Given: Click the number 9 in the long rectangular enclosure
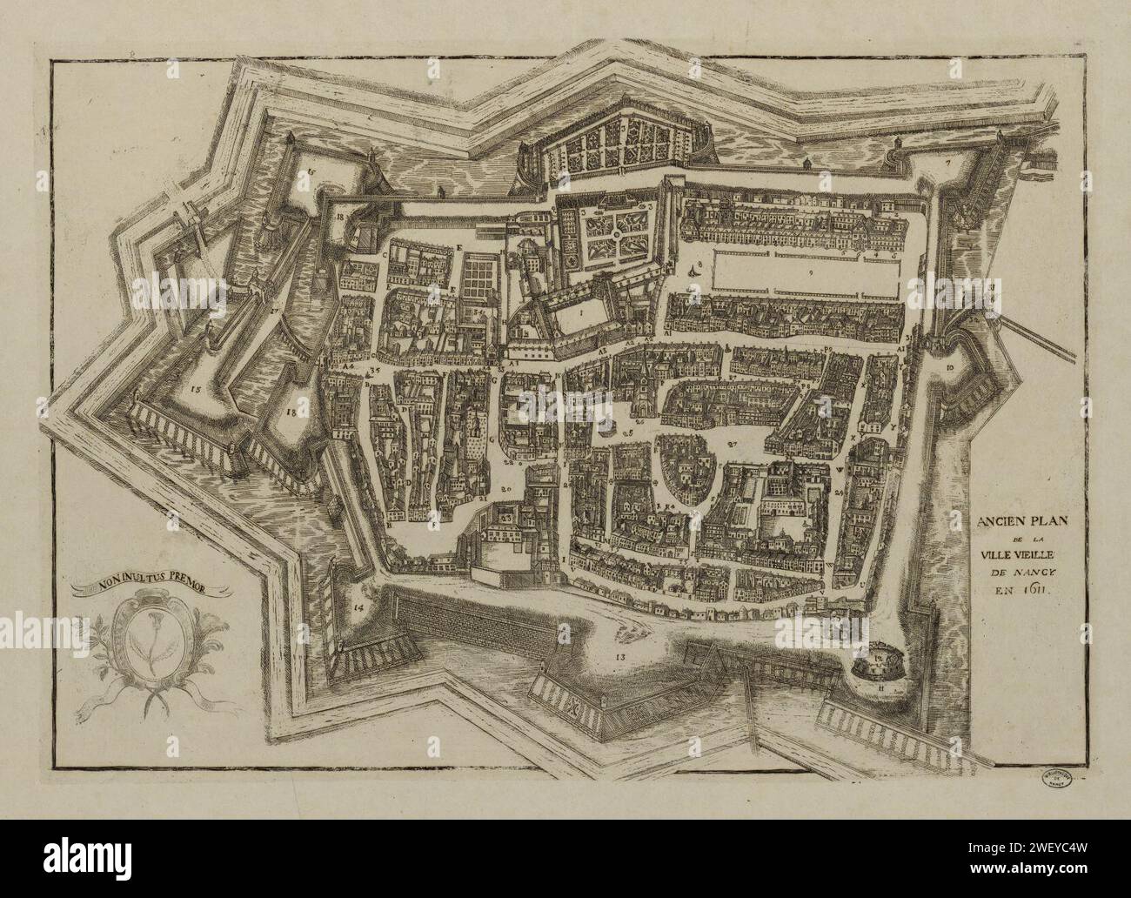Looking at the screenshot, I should coord(810,273).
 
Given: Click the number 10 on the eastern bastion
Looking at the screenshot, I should coord(949,368).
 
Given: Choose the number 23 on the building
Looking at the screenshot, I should coord(508,517).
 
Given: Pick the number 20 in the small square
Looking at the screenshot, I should coord(506,489).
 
